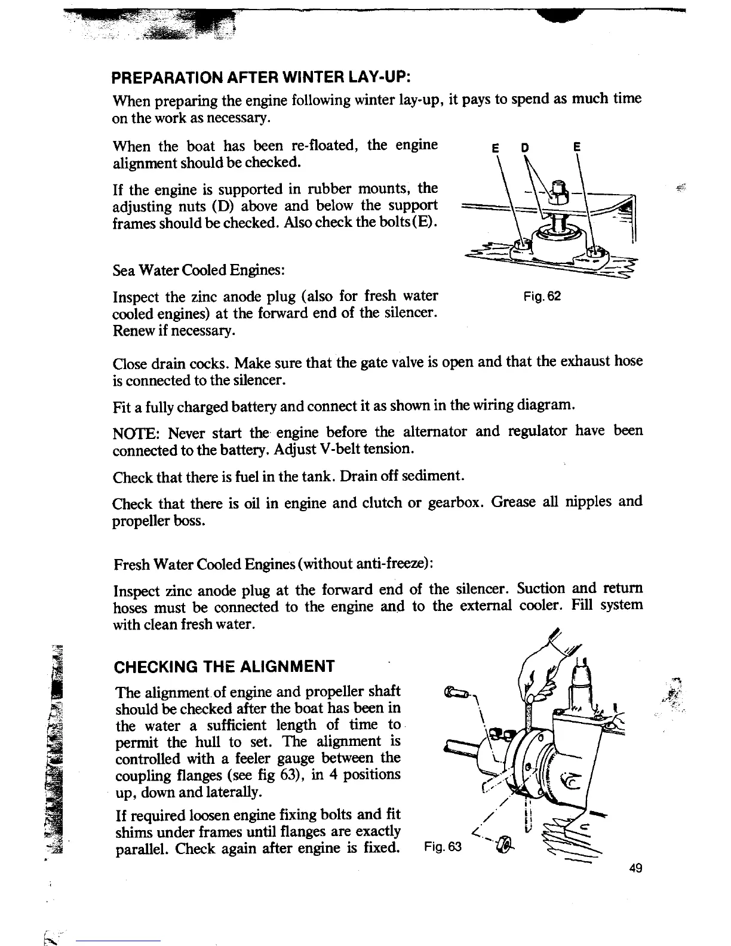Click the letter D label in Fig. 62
pyautogui.click(x=524, y=148)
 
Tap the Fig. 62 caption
pyautogui.click(x=542, y=296)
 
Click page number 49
pyautogui.click(x=635, y=868)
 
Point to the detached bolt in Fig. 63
pyautogui.click(x=456, y=693)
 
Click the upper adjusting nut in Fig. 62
pyautogui.click(x=558, y=190)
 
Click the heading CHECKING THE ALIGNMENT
pyautogui.click(x=225, y=666)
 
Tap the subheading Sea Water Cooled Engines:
pyautogui.click(x=198, y=270)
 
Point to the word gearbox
pyautogui.click(x=455, y=502)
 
